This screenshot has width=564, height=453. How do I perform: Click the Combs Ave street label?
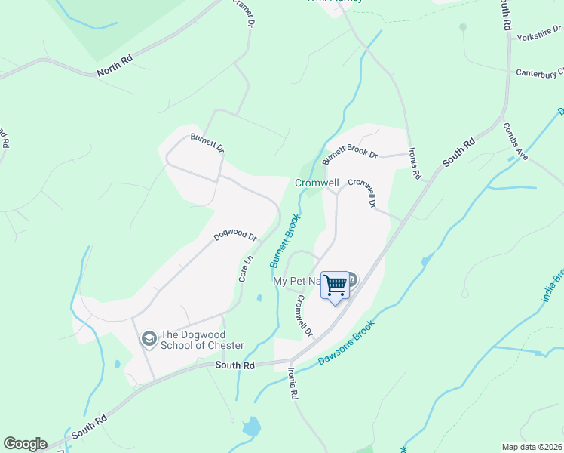516,141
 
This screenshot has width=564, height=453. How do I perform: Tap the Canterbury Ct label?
539,73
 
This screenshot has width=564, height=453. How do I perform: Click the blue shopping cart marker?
335,286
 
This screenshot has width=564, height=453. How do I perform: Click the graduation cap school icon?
149,339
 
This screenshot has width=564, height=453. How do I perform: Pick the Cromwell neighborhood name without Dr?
317,183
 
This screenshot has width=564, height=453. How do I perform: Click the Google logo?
25,444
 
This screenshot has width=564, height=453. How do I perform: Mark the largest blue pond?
250,427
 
